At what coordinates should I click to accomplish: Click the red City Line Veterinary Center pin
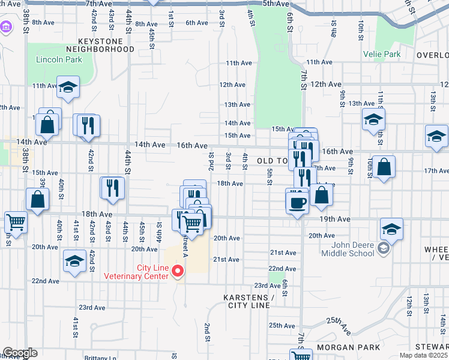click(x=178, y=271)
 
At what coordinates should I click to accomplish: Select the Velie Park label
click(x=382, y=55)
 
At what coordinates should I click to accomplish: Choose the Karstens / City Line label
click(x=249, y=301)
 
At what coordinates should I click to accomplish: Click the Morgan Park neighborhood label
click(x=349, y=347)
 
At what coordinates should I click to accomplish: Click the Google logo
click(x=20, y=353)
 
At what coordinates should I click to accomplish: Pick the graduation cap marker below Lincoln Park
click(x=68, y=88)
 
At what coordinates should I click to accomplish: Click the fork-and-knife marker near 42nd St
click(x=89, y=125)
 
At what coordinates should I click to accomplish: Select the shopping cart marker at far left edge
click(x=16, y=222)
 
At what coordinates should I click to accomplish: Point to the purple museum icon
click(x=7, y=27)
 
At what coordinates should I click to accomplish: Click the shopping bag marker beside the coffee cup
click(x=321, y=196)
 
